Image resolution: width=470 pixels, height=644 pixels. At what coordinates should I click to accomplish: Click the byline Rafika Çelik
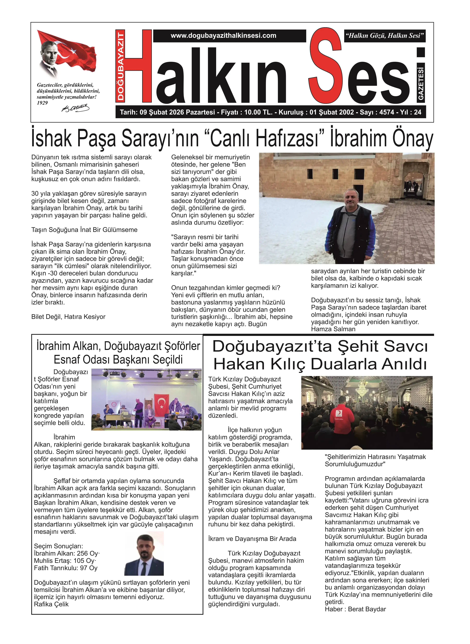(51, 604)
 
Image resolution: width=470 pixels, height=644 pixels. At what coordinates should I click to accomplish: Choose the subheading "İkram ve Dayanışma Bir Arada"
(252, 539)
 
